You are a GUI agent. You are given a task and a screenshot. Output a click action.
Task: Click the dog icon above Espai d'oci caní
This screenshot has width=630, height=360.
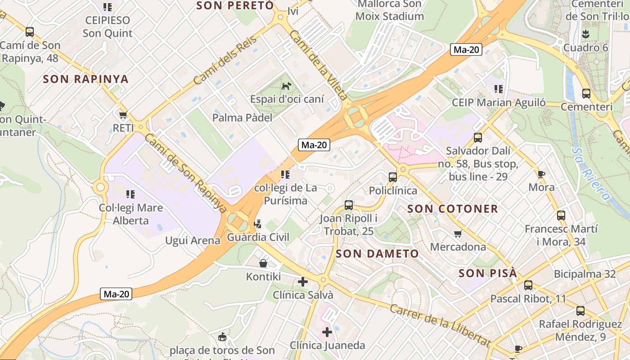click(x=286, y=85)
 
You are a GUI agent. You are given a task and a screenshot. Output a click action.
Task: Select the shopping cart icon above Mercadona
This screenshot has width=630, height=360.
click(x=458, y=234)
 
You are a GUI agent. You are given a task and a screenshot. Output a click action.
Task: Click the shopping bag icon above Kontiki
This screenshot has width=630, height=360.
click(x=263, y=263)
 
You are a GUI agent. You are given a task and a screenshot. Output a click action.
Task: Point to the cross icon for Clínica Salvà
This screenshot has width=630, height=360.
click(x=303, y=282)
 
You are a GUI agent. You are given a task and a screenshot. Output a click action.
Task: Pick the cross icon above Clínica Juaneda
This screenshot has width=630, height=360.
click(x=327, y=332)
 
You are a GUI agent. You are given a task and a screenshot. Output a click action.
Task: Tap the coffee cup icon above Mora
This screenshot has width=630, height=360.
click(x=541, y=174)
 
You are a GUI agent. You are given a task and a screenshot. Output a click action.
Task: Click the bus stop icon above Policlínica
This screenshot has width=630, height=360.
click(x=393, y=177)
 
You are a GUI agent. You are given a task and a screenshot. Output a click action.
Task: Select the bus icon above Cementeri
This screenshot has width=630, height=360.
click(x=586, y=94)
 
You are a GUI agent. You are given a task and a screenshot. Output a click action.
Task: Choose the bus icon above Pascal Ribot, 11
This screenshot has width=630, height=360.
click(x=528, y=285)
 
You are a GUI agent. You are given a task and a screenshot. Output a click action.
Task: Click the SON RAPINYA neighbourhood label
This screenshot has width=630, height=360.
click(x=86, y=79)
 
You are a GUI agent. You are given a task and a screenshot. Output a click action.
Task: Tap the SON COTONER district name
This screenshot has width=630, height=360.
click(x=453, y=209)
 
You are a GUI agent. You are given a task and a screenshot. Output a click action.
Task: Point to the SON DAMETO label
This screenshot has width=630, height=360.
click(x=377, y=254)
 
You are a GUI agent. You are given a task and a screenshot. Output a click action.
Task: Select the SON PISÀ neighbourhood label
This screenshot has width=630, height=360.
click(x=488, y=274)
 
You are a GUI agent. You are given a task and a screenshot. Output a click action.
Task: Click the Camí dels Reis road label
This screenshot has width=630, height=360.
click(x=225, y=60)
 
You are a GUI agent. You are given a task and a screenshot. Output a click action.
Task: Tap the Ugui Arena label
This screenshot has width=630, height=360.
click(x=193, y=240)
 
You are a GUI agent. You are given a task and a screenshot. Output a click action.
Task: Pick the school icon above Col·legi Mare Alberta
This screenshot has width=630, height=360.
click(x=130, y=194)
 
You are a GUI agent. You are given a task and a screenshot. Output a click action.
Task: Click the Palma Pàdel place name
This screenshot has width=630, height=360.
click(x=242, y=118)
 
